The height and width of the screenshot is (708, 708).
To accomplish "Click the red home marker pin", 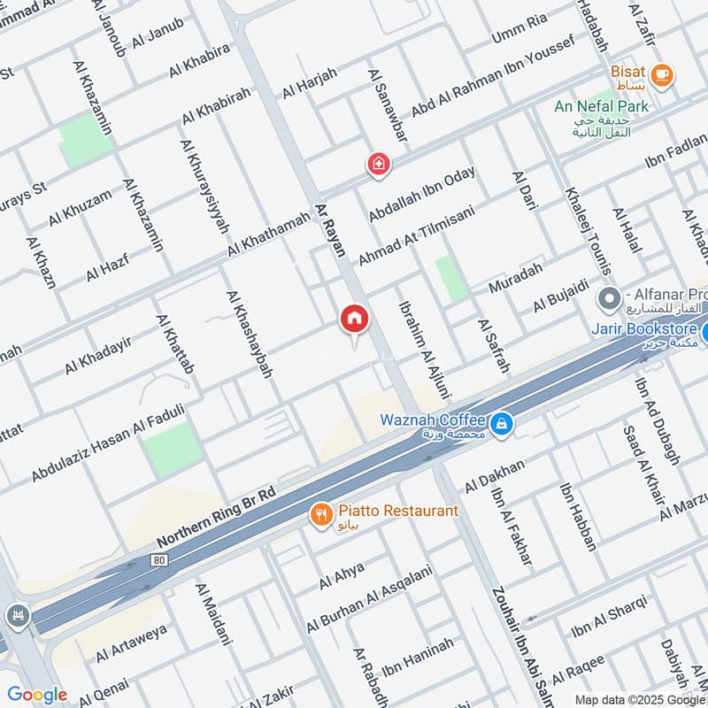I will point(354,319).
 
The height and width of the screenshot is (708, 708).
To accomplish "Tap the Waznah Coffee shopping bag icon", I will point(502,425).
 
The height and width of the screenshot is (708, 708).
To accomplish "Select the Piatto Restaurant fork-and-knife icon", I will point(320,512).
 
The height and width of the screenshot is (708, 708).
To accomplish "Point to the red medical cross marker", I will point(379,164).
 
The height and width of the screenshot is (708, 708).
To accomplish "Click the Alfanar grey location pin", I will point(608,298).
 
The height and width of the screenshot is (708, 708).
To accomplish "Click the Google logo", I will point(36,695).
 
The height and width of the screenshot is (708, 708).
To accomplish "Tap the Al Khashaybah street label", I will point(249,335).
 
